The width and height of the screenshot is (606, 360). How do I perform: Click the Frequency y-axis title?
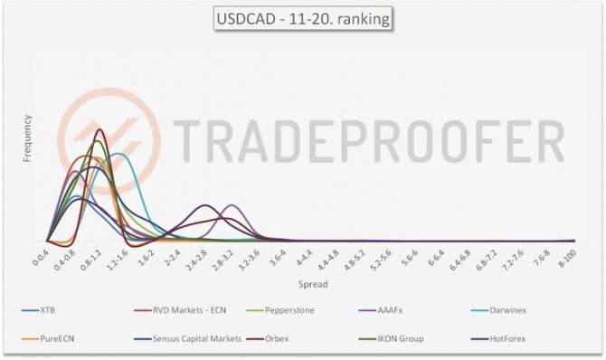(x=28, y=137)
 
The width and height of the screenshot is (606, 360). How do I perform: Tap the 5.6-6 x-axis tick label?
(x=407, y=260)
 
